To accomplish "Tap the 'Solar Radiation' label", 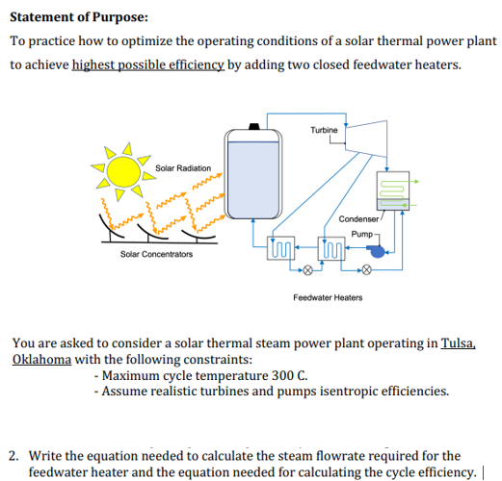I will click(x=182, y=168).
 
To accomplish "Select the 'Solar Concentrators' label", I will click(x=156, y=254).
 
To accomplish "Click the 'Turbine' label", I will click(x=325, y=130).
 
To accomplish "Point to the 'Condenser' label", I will click(x=358, y=219).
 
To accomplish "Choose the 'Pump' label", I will click(x=362, y=234).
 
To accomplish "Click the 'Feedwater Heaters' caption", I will click(x=328, y=297).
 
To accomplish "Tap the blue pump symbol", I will click(x=377, y=249).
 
